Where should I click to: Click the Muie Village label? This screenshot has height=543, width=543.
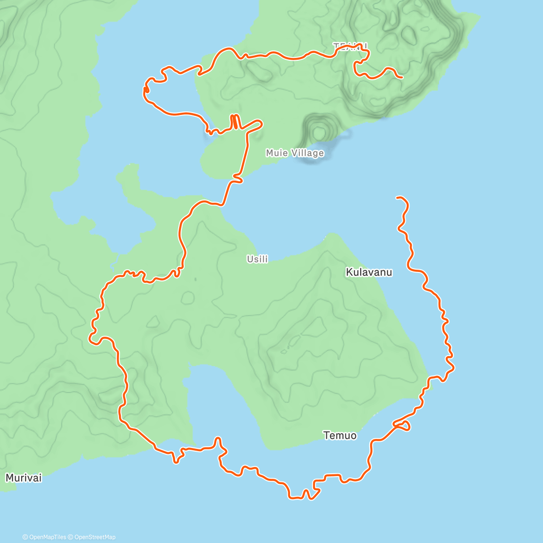[295, 153]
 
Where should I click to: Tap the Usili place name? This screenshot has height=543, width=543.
[257, 259]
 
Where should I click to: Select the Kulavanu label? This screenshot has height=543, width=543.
[369, 272]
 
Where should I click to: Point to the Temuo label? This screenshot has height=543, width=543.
[340, 435]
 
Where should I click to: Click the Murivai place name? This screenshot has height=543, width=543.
[24, 478]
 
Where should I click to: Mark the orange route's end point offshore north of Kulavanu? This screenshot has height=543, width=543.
[397, 197]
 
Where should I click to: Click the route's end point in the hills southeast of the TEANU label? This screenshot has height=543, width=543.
[402, 78]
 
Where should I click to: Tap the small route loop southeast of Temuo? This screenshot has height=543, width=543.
[404, 425]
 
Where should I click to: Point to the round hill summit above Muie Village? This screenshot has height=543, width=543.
[319, 132]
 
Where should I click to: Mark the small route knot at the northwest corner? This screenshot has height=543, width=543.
[147, 91]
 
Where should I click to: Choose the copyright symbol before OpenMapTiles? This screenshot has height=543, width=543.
[25, 537]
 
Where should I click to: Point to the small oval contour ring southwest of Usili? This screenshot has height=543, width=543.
[187, 298]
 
